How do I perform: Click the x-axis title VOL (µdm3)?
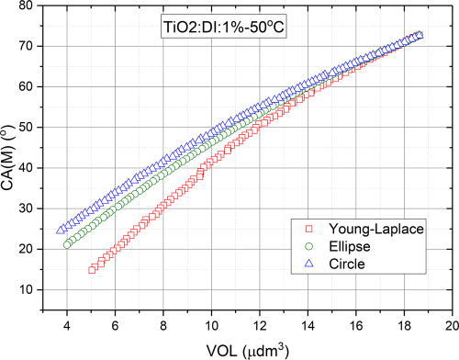coord(245,349)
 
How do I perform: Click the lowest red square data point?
coord(92,270)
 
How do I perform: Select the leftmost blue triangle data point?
coord(61,230)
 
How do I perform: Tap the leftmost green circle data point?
coord(67,243)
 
